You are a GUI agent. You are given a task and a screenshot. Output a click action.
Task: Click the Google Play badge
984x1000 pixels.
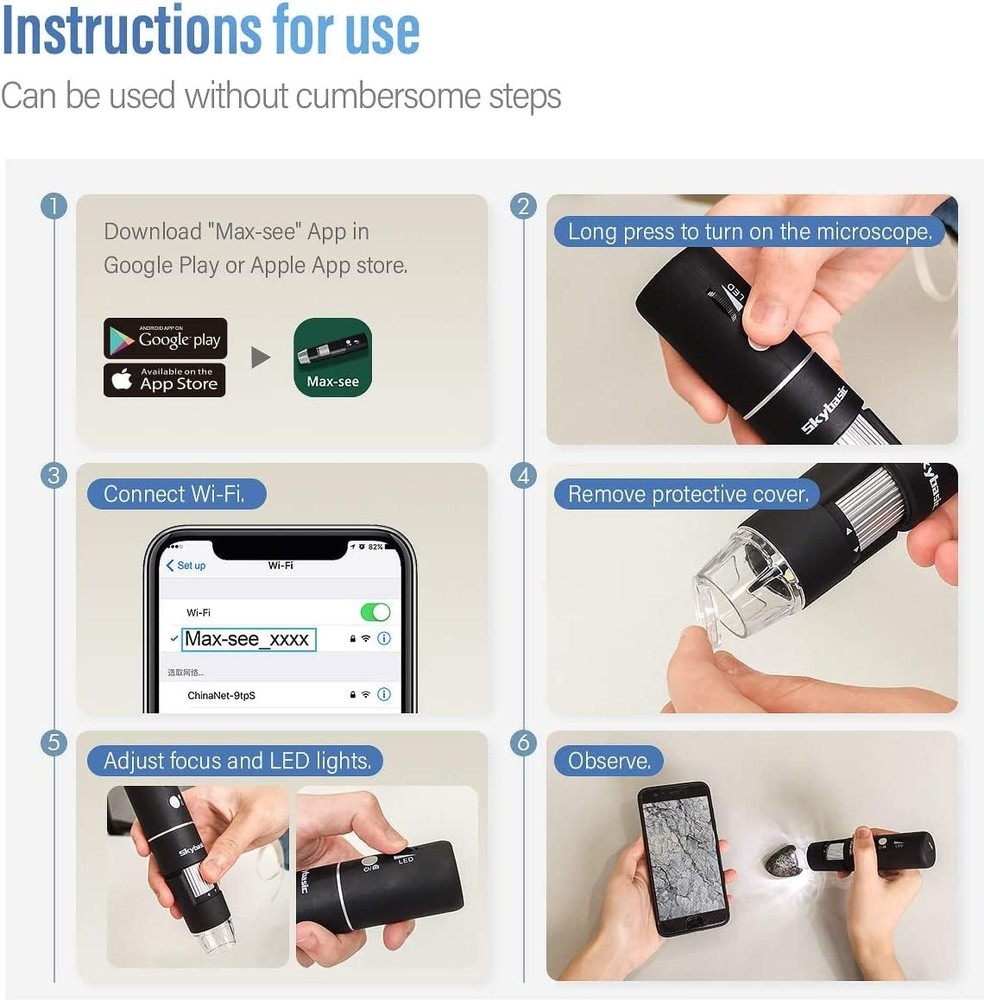coord(165,339)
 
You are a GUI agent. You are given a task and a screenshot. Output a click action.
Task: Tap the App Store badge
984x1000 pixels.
coord(165,380)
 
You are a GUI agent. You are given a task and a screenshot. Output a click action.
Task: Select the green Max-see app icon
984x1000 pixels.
coord(332,358)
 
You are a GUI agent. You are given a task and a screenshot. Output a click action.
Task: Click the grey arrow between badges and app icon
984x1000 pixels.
coord(260,358)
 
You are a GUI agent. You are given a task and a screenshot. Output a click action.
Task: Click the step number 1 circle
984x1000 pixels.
coord(53,207)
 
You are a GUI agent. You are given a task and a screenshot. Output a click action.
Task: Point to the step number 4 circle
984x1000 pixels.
coord(523,476)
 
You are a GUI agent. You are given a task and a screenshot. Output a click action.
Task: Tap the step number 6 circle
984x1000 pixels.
coord(523,743)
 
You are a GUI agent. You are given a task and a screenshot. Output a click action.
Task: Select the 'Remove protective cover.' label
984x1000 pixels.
coord(688,494)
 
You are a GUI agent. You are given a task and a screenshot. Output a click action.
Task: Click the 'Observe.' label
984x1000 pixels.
coord(608,761)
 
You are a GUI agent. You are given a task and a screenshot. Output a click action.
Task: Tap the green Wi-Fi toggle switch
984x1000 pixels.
coord(374,612)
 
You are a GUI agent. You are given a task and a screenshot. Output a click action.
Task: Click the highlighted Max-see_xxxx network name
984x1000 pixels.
coord(247,639)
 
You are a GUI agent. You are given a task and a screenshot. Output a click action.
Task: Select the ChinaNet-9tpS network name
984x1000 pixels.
coord(221,694)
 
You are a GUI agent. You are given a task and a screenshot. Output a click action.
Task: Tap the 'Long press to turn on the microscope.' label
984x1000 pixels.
coord(749,232)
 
